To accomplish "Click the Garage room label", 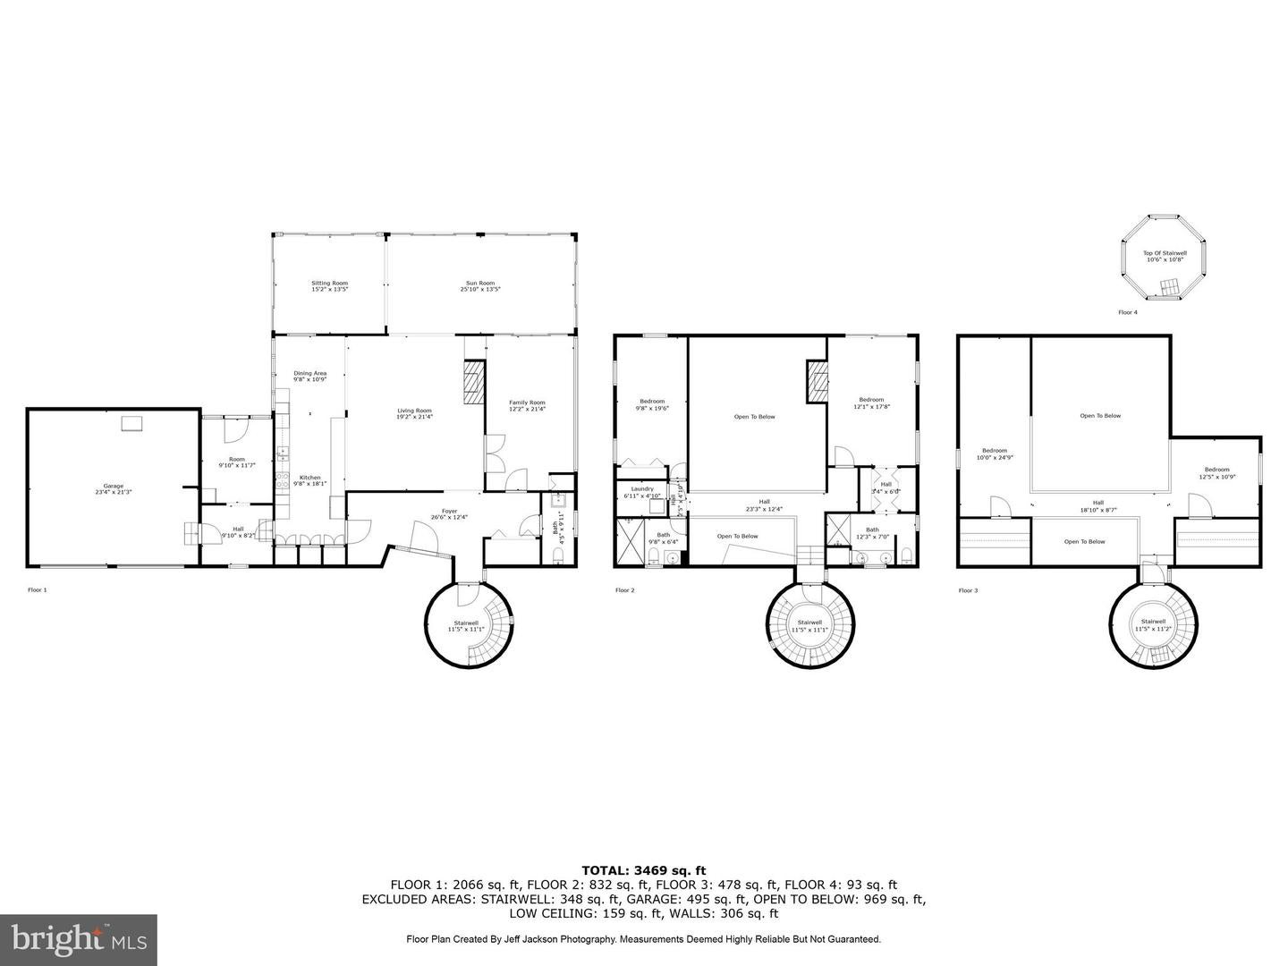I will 113,489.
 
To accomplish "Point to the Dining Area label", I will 309,376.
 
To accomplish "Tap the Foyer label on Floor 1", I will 448,513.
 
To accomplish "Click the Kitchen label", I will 309,480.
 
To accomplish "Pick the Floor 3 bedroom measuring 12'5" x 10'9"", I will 1216,472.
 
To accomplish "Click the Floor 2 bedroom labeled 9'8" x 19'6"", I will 651,403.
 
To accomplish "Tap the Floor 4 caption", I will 1128,312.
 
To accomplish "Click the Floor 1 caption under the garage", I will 38,590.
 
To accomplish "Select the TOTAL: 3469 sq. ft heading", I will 644,869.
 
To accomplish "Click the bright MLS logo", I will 79,938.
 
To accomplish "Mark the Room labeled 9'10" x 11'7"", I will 236,462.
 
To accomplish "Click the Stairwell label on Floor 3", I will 1153,624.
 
